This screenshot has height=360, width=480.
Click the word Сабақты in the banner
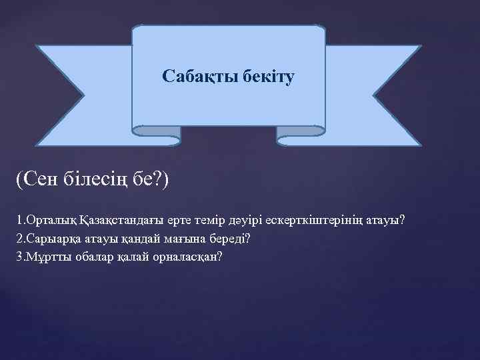tap(193, 77)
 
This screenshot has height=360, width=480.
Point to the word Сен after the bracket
tap(41, 179)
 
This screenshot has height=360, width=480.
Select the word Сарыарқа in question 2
tap(47, 239)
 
